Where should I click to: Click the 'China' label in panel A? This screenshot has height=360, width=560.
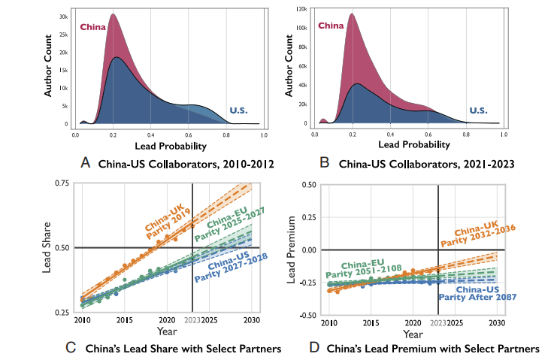point(94,28)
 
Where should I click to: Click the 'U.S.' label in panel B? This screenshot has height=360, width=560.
point(478,110)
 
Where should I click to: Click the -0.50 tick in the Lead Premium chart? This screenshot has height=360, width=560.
point(304,315)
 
